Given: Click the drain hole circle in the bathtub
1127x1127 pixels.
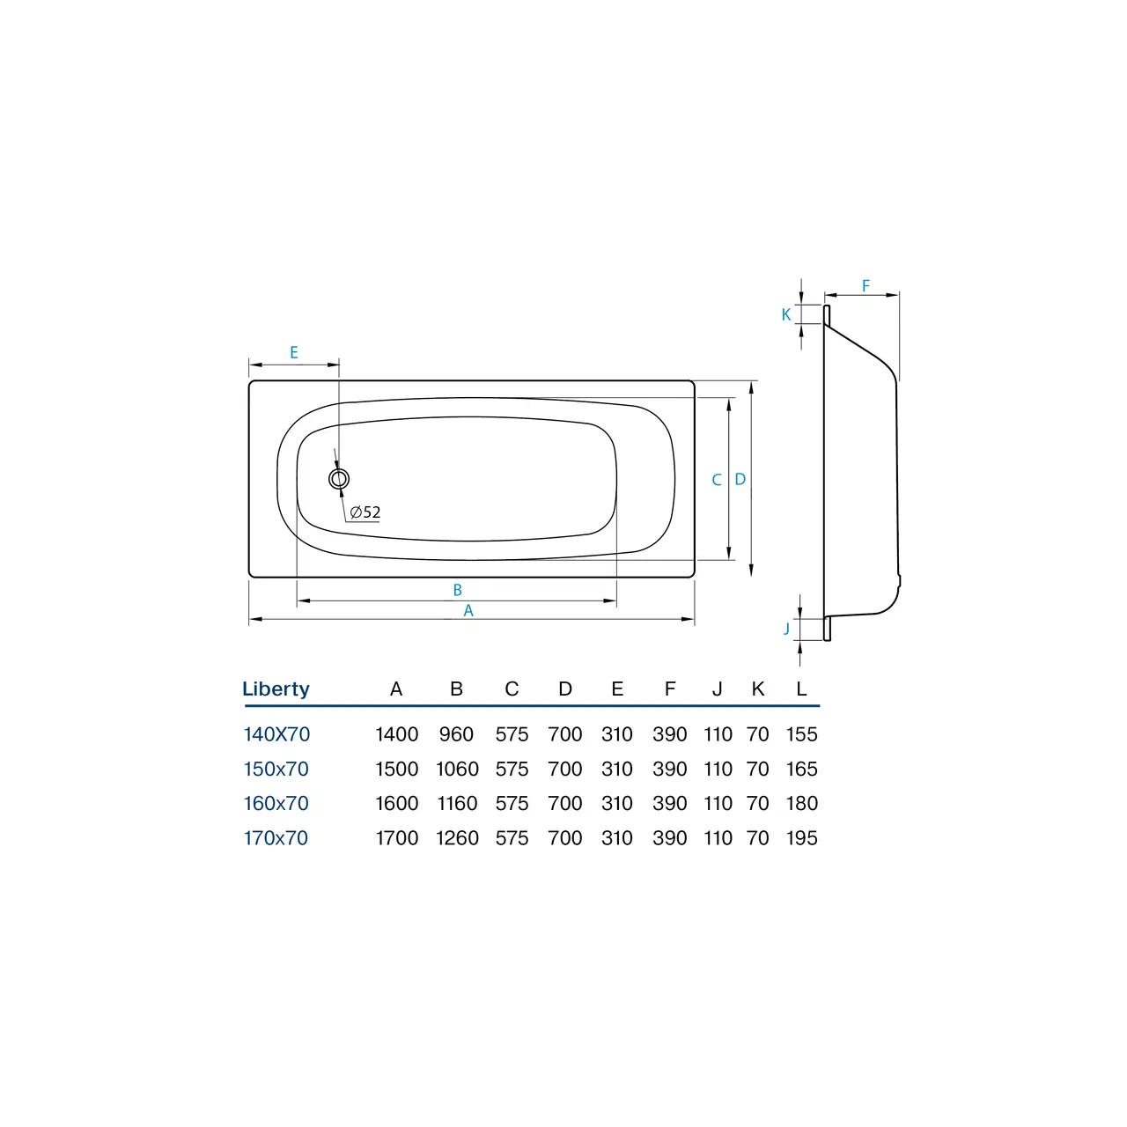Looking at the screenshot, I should click(339, 479).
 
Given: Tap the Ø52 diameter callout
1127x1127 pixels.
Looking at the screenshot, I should click(365, 512).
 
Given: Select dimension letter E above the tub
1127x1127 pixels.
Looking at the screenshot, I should click(294, 352).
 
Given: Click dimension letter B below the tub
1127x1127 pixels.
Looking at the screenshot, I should click(457, 590).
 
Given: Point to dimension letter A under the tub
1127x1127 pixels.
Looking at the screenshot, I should click(468, 610).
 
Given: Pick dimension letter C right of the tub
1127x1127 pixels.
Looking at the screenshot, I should click(717, 480).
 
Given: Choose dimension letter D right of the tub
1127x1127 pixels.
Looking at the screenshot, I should click(740, 480).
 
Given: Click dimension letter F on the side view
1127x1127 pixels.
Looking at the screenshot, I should click(866, 286).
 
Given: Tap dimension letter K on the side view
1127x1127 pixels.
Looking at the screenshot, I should click(786, 314).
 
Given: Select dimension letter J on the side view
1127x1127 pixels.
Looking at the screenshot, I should click(787, 629).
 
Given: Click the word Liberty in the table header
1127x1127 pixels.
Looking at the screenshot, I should click(276, 689).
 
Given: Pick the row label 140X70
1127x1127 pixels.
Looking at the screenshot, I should click(276, 734).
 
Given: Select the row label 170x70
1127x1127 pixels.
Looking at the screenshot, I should click(276, 838).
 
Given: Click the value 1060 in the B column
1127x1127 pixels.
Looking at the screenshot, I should click(457, 769).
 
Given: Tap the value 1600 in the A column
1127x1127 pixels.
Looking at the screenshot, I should click(396, 804).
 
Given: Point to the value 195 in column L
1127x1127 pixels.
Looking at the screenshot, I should click(801, 838).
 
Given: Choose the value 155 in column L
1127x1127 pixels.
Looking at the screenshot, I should click(801, 734).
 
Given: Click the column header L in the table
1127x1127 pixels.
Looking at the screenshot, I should click(801, 689).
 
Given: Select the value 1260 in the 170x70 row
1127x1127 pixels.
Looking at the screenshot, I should click(457, 838).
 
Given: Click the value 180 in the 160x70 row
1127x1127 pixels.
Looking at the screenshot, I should click(801, 804).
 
